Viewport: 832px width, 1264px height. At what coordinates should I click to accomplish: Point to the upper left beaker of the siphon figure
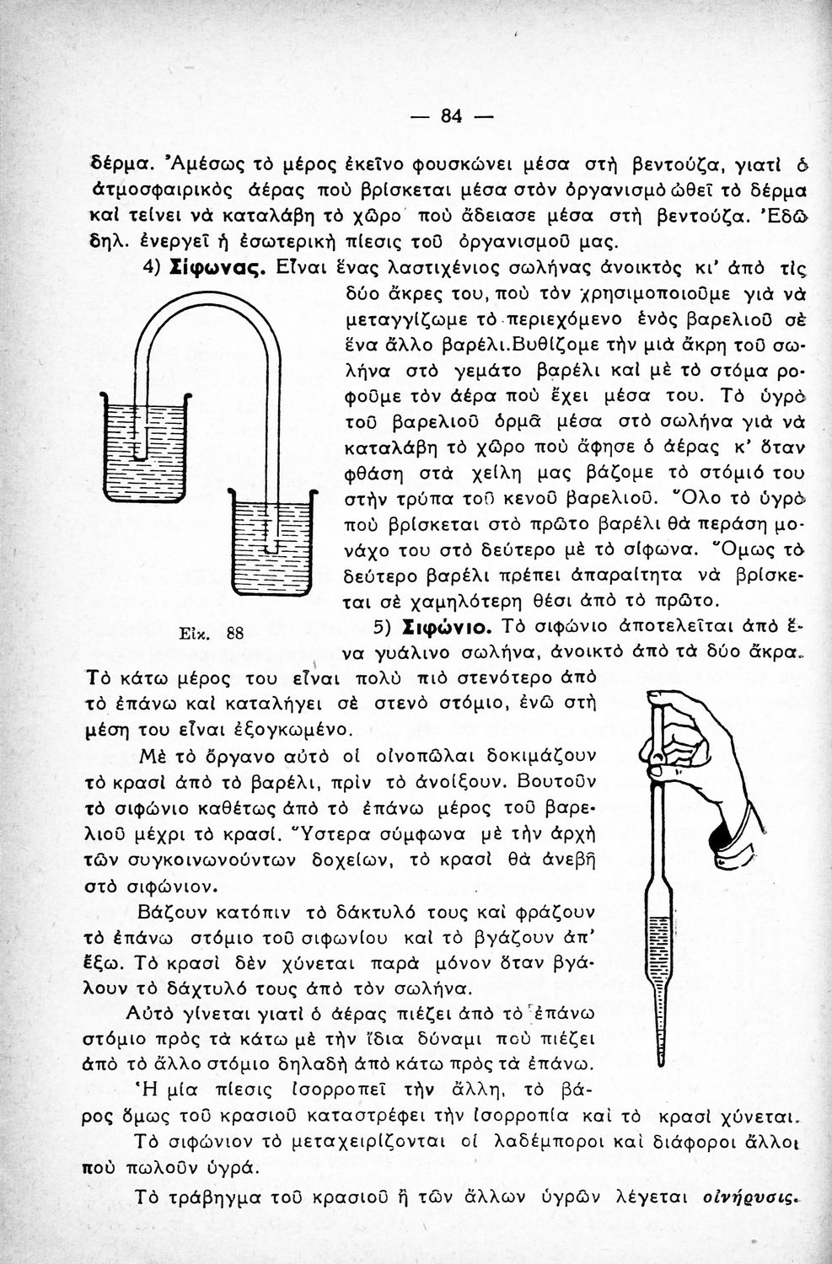coord(145,447)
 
